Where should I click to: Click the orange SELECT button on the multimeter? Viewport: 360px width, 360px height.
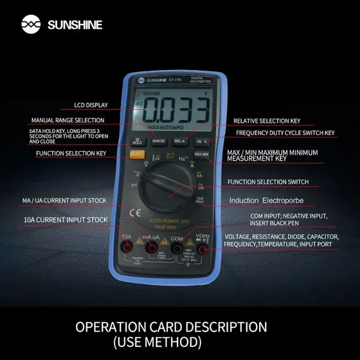tap(136, 154)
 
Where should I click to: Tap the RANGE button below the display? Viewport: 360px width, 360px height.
tap(158, 141)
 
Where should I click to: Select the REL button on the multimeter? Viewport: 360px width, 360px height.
tap(180, 141)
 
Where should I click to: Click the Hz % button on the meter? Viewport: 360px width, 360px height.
tap(202, 141)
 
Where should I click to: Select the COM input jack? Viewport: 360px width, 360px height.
tap(177, 248)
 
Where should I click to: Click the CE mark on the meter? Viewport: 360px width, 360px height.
tap(135, 213)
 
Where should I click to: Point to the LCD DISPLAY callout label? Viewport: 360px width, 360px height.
tap(91, 105)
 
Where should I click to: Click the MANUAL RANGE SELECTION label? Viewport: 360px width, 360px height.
tap(67, 121)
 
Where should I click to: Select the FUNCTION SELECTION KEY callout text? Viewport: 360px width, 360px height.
tap(71, 153)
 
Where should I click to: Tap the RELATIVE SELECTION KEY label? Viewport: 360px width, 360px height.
tap(266, 121)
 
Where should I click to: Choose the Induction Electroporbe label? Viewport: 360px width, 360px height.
tap(266, 200)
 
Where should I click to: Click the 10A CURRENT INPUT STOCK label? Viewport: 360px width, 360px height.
tap(66, 220)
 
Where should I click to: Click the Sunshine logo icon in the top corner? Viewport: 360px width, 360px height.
tap(31, 24)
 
